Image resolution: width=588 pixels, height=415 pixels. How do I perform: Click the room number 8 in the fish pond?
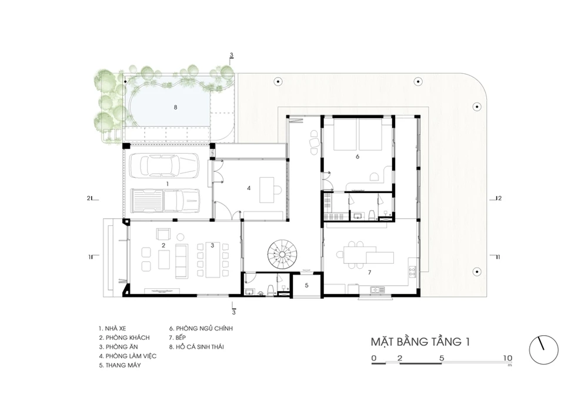coord(175,107)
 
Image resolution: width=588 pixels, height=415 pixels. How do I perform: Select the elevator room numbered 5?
coord(306,285)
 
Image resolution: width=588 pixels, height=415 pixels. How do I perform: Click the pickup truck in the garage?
coord(165,201)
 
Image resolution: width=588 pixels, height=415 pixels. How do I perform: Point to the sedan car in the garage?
coord(164,165)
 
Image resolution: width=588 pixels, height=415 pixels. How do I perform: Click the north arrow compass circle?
coord(543,350)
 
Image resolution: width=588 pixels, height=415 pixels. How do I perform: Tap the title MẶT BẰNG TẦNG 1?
coord(420,342)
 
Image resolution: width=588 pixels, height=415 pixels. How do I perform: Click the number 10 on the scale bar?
coord(507,358)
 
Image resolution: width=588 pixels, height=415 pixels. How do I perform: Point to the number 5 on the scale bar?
coord(442,358)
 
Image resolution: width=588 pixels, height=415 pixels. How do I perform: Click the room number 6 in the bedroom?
coord(358,156)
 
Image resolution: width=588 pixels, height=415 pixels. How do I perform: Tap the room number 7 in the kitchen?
coord(369,272)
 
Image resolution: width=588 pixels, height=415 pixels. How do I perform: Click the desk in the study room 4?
coord(268,190)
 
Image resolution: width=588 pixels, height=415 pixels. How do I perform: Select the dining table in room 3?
coord(212,261)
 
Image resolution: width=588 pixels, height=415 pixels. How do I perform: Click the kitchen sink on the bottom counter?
coord(376,289)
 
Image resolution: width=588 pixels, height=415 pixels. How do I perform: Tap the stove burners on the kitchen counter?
coord(412,272)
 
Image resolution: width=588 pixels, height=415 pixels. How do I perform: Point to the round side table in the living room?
coord(181,237)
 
